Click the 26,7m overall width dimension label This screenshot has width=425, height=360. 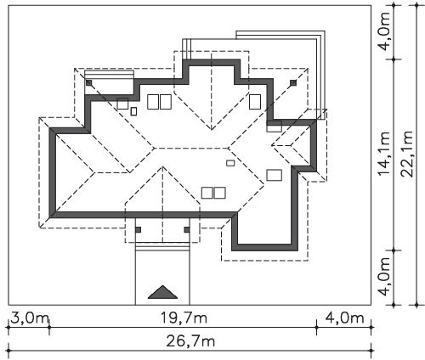click(x=190, y=341)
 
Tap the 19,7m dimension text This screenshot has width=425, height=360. click(x=184, y=318)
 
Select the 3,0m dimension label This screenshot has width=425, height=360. click(x=30, y=318)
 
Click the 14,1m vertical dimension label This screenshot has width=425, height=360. click(x=384, y=154)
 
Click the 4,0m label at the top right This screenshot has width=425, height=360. click(x=384, y=31)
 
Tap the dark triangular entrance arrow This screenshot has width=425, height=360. click(x=162, y=292)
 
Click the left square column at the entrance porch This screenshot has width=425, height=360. click(x=138, y=229)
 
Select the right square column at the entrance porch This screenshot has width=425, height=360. click(x=187, y=229)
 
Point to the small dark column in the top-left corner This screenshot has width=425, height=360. click(x=89, y=82)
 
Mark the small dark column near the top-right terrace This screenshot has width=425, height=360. click(x=293, y=82)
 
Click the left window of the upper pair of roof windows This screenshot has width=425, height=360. click(x=153, y=102)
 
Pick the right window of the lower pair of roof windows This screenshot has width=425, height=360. click(x=220, y=193)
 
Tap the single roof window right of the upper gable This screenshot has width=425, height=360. click(x=255, y=102)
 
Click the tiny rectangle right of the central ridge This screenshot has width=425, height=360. click(x=230, y=163)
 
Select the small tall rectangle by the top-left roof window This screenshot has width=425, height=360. click(x=133, y=111)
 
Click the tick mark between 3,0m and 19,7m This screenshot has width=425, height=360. click(x=49, y=328)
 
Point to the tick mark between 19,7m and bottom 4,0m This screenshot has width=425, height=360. click(x=316, y=328)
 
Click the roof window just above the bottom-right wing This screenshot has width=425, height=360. click(x=275, y=175)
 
